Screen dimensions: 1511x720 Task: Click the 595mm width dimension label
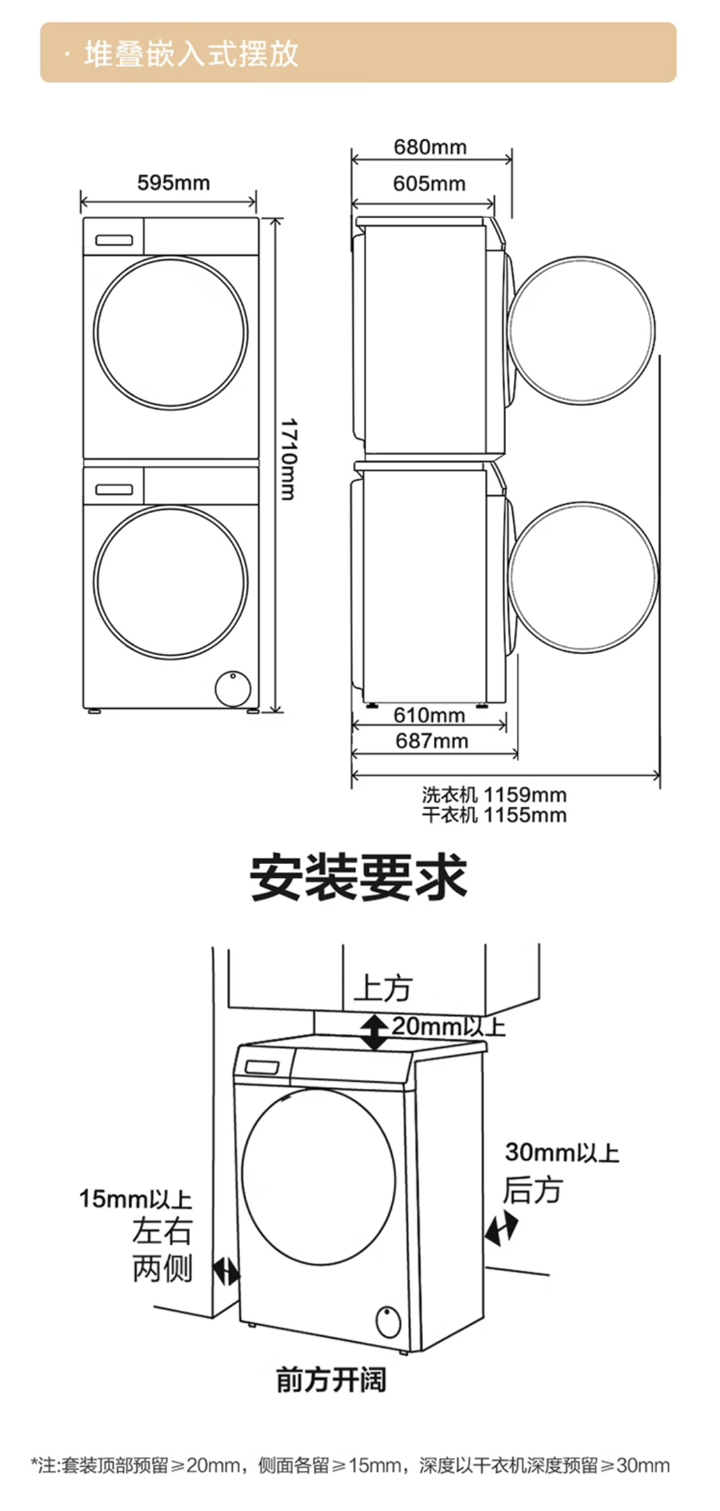[174, 183]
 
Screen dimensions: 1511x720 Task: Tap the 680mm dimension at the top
[431, 147]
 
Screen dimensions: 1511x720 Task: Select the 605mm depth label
[429, 184]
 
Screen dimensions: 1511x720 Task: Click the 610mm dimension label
[429, 715]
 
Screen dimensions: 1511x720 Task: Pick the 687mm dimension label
[432, 741]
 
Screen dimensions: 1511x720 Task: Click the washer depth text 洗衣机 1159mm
[494, 794]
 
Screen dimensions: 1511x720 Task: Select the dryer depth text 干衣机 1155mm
[494, 814]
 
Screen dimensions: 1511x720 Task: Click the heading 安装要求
[359, 878]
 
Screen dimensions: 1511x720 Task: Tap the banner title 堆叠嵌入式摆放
[191, 54]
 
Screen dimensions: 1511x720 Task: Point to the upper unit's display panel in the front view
[113, 240]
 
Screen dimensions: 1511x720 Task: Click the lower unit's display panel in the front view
[113, 489]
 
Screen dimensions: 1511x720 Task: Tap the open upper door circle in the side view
[581, 331]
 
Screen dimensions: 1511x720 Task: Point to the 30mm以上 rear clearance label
[562, 1152]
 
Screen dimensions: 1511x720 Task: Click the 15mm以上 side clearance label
[136, 1199]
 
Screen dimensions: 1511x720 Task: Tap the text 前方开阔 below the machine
[331, 1380]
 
